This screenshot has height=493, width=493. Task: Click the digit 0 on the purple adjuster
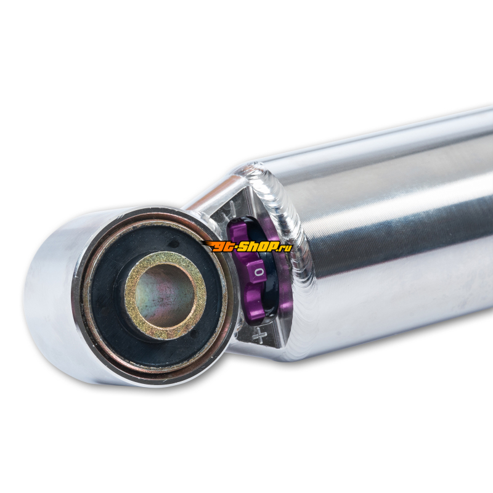(258, 272)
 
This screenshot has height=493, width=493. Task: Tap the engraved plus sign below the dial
(259, 335)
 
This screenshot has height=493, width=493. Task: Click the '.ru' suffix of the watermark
(285, 248)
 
